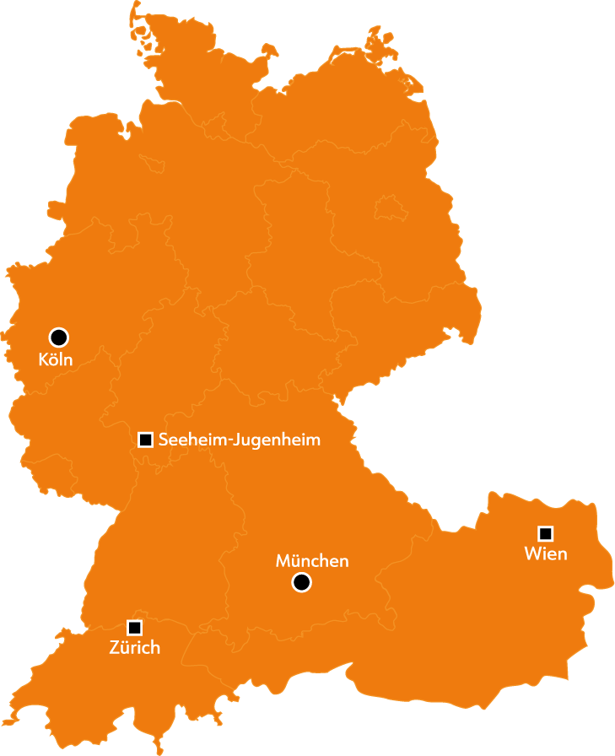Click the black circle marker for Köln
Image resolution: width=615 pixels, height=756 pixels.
coord(59,337)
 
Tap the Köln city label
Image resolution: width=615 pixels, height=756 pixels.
coord(56,359)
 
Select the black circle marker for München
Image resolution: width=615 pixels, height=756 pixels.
coord(301,582)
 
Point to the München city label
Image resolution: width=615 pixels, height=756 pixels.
coord(312,561)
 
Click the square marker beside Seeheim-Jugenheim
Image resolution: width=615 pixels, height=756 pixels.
coord(145,440)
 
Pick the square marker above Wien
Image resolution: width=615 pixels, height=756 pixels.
coord(545,533)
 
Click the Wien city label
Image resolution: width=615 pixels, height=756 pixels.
coord(545,554)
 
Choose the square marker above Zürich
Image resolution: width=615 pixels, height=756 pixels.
coord(134,627)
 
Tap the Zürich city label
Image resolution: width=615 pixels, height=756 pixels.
coord(134,648)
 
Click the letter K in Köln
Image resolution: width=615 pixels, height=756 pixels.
coord(44,359)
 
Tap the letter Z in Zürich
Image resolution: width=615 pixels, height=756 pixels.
coord(115,648)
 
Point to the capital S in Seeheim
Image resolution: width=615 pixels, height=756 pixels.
coord(164,440)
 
